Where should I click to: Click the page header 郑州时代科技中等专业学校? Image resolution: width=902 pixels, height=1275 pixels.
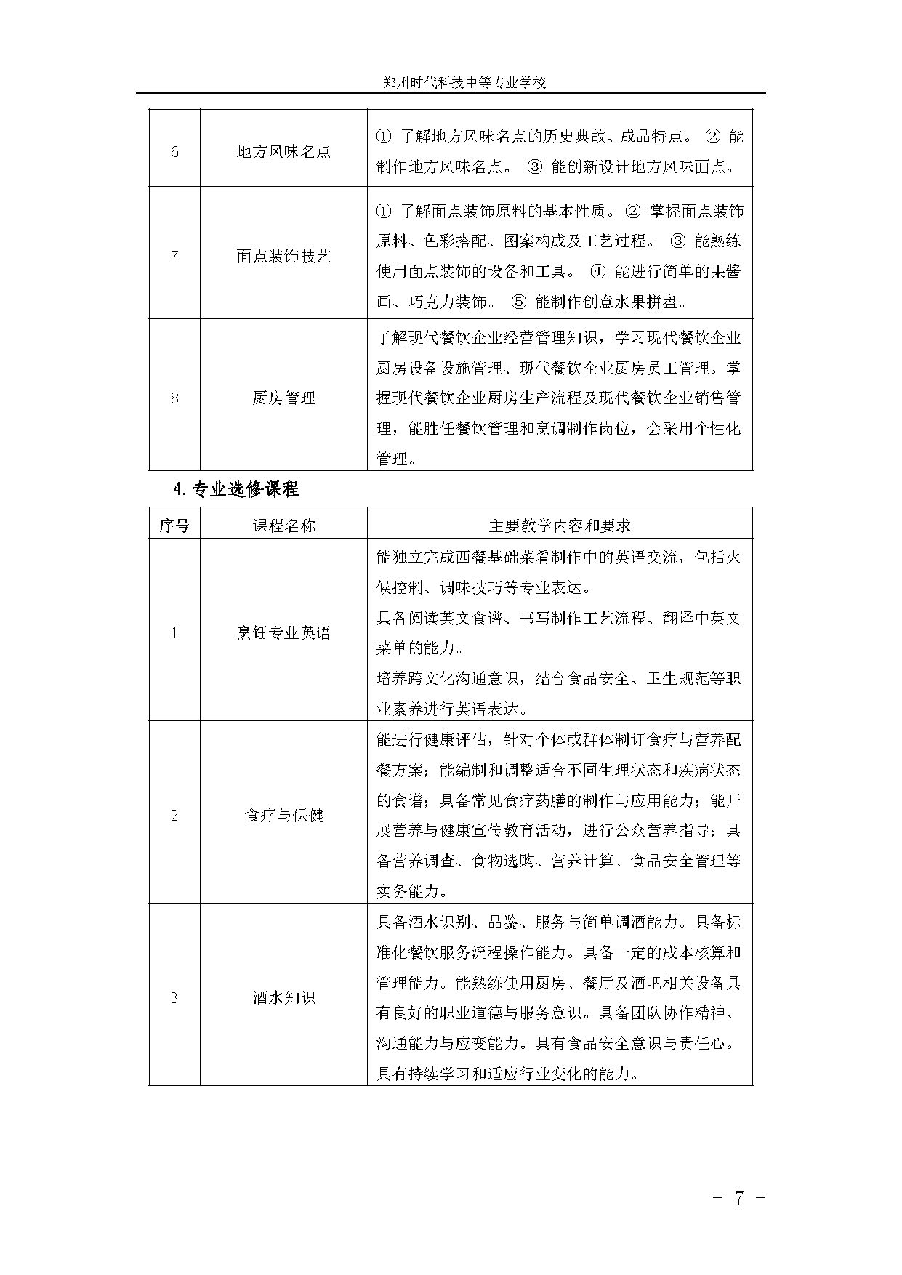(x=464, y=82)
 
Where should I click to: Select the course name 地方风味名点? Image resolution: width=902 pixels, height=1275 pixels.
(x=283, y=151)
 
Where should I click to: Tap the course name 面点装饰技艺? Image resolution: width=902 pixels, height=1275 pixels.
(x=283, y=256)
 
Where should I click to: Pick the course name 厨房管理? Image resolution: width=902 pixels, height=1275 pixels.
(x=283, y=398)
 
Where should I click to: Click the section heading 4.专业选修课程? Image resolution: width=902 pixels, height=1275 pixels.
(x=236, y=489)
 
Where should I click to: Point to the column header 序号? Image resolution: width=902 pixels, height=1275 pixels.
(x=174, y=525)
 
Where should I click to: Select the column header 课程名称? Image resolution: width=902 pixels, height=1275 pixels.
(x=283, y=525)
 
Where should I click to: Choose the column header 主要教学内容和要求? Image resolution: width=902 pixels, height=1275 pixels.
(x=560, y=525)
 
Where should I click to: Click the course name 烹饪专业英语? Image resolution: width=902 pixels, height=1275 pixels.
(x=283, y=633)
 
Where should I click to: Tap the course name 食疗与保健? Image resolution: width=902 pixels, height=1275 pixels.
(x=283, y=815)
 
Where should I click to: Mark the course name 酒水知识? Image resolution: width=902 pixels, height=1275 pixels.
(x=283, y=997)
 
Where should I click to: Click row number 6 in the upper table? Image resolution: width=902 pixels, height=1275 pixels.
(x=174, y=151)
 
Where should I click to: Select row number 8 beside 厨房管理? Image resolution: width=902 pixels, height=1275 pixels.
(x=174, y=398)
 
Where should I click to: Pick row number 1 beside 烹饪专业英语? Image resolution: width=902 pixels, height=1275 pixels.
(x=174, y=633)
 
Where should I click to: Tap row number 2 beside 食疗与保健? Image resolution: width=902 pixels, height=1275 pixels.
(x=174, y=815)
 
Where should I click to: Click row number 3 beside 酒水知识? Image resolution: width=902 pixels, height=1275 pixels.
(x=174, y=997)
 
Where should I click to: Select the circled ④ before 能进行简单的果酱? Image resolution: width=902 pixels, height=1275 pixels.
(x=597, y=271)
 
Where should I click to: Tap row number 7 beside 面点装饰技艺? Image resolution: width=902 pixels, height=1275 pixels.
(x=174, y=256)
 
